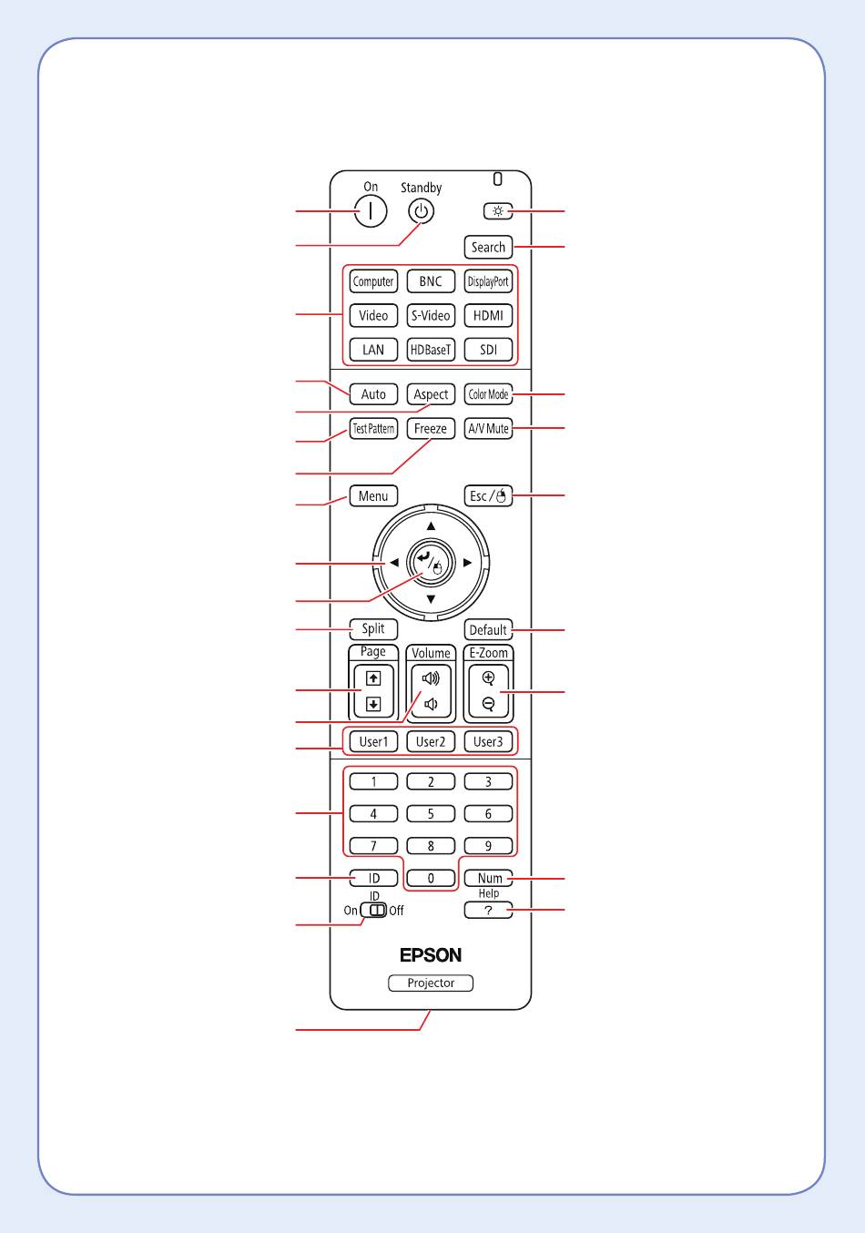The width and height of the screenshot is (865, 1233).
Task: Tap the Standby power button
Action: pos(421,211)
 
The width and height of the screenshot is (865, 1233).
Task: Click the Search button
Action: pos(488,247)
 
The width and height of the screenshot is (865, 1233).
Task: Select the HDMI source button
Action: pos(488,315)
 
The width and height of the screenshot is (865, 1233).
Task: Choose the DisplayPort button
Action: pos(488,281)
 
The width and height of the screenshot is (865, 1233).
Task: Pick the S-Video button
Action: pos(431,315)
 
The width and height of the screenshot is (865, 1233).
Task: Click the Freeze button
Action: pos(431,428)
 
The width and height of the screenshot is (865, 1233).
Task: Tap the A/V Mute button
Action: pos(488,428)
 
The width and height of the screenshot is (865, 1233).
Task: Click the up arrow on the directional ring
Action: pos(431,526)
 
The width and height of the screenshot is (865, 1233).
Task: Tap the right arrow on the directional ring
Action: pos(468,563)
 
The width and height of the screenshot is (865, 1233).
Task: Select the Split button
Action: pos(373,628)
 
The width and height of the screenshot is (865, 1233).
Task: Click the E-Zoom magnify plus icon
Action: pos(488,678)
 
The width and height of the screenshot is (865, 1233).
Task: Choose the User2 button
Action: pos(431,741)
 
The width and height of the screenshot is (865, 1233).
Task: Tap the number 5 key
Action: pos(431,813)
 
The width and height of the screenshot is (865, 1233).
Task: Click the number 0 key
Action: pos(431,878)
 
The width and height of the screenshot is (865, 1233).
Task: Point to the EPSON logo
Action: pos(431,955)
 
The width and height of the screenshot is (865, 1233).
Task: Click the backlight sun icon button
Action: pos(498,211)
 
